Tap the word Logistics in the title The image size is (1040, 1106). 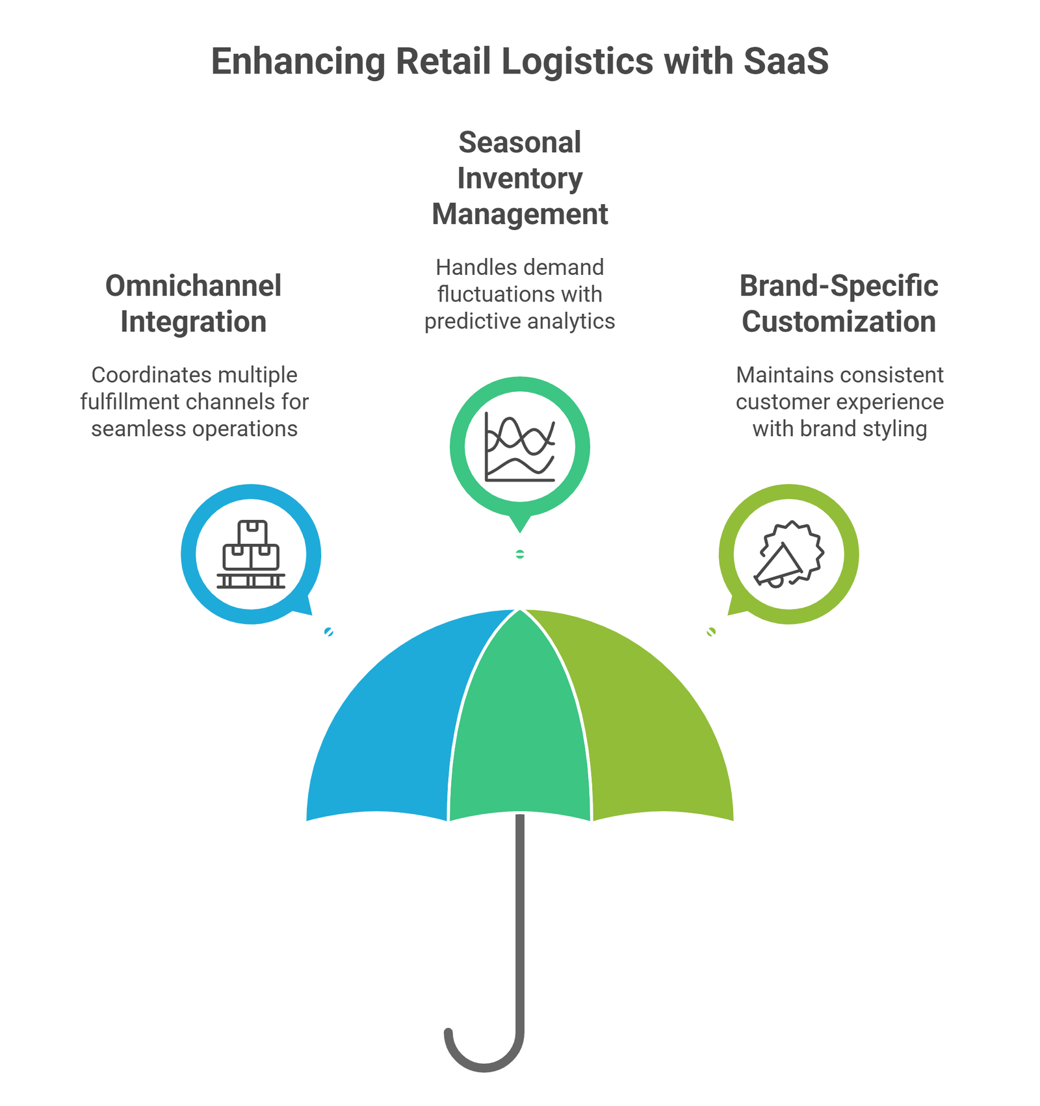(x=577, y=62)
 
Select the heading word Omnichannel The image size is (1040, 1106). (x=193, y=287)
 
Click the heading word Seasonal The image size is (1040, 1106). (x=519, y=143)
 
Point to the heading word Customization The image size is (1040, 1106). (x=838, y=322)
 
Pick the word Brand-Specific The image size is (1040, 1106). (x=838, y=287)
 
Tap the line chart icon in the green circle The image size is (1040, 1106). (x=519, y=448)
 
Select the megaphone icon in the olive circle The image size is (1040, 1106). (x=788, y=554)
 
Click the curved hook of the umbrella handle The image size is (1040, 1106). (x=484, y=1053)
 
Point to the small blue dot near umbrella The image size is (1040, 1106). (x=329, y=632)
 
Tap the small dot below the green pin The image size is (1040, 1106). (x=520, y=554)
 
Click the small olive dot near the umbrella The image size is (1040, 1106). (x=711, y=632)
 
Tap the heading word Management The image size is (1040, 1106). (x=519, y=214)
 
